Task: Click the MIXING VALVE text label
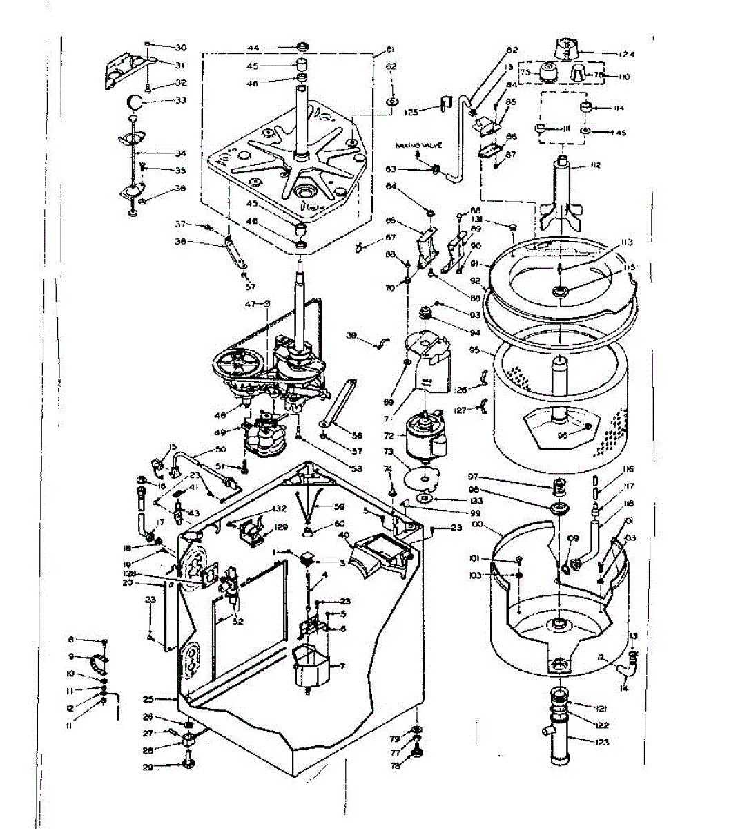click(418, 146)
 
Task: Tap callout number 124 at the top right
click(625, 54)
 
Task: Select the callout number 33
click(181, 101)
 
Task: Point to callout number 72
click(388, 437)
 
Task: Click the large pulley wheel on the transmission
click(238, 364)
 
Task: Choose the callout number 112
click(594, 166)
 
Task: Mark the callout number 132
click(279, 508)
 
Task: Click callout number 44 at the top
click(253, 48)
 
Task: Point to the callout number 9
click(71, 656)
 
